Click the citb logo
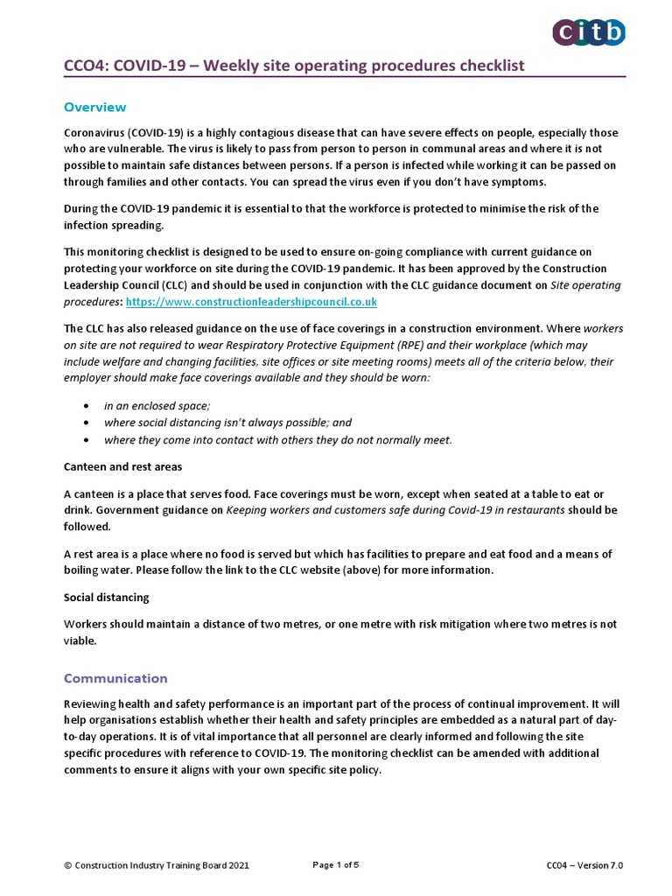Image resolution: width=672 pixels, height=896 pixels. tap(589, 32)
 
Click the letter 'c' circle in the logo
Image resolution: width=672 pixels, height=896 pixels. tap(564, 32)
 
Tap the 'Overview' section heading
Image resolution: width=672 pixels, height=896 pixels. tap(95, 107)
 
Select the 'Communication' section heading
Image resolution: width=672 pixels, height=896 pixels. tap(115, 678)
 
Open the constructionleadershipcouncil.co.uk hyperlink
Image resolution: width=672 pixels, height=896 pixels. tap(251, 301)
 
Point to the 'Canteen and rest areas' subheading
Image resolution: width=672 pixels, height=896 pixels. tap(122, 466)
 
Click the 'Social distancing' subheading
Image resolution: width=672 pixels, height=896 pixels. tap(106, 597)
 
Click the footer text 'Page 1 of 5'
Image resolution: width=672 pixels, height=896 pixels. tap(335, 865)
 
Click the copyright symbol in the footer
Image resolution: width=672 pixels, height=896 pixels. tap(68, 865)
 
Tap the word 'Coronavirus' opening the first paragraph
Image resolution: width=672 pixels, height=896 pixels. tap(95, 133)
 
